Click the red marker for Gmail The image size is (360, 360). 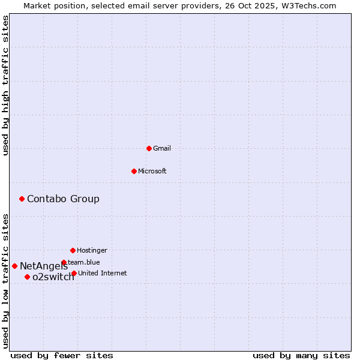point(149,148)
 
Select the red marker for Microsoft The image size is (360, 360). point(134,171)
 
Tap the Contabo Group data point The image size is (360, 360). point(22,199)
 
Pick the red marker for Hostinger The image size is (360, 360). point(73,250)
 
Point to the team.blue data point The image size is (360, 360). point(64,262)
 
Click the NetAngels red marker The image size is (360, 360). point(14,266)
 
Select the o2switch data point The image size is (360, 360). point(27,277)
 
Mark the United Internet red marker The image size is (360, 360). point(74,273)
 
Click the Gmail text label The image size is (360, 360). point(162,148)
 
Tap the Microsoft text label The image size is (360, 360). point(152,171)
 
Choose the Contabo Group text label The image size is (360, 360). point(63,199)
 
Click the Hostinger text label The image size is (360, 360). point(92,250)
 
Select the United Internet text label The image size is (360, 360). point(102,273)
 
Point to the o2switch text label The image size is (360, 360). point(53,277)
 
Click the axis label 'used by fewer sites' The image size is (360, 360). point(62,355)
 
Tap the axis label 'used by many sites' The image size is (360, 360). point(301,355)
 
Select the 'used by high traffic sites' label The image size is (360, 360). point(5,85)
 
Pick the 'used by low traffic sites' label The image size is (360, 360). point(5,281)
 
